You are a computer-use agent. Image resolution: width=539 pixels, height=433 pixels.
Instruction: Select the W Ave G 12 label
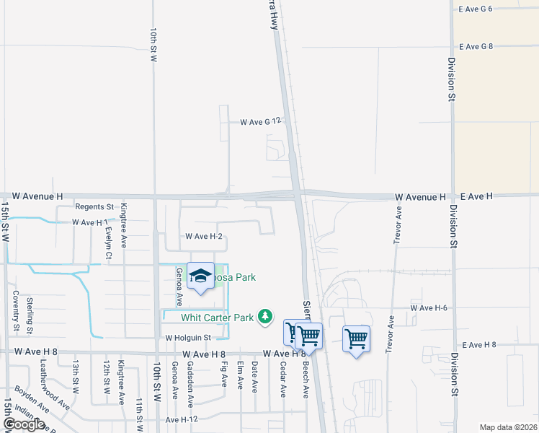coord(259,122)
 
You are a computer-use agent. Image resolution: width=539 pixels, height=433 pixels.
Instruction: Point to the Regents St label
coord(94,207)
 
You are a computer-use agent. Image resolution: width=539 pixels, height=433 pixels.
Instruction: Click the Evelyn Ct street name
coord(108,243)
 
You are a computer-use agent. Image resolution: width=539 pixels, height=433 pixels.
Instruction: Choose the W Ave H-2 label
coord(203,236)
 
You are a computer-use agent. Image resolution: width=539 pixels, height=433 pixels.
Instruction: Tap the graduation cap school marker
coord(201,276)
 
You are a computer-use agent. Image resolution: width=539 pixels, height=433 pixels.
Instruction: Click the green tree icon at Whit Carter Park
coord(266,316)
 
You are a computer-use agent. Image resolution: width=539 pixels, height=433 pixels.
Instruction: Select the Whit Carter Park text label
coord(218,317)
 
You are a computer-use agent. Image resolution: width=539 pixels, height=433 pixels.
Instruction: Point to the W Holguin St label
coord(187,337)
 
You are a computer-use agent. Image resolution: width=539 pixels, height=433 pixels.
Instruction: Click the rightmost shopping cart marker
coord(357,338)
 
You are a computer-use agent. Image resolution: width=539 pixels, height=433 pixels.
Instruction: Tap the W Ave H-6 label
coord(429,307)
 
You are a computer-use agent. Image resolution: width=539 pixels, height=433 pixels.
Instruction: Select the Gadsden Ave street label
coord(190,382)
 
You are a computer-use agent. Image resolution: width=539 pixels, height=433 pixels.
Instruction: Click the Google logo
coord(24,424)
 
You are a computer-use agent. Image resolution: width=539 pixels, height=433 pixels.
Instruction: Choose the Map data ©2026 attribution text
coord(508,427)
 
